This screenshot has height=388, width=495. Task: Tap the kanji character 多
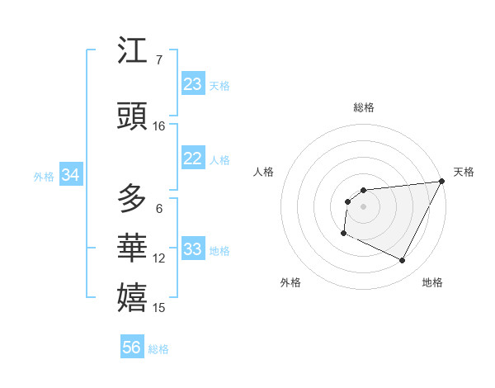point(133,198)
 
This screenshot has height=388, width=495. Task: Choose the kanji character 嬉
point(133,296)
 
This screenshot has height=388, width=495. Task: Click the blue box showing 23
point(193,84)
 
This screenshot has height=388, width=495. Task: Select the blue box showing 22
point(193,159)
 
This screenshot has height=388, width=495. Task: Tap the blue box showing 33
point(193,249)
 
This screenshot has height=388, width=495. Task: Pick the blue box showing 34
point(71,175)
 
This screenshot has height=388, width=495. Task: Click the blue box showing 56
point(132,348)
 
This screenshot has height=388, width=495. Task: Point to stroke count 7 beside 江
point(158,60)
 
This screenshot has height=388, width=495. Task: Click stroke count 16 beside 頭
point(159,126)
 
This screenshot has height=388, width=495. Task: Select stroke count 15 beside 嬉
point(159,308)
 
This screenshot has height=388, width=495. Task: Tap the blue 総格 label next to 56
point(158,349)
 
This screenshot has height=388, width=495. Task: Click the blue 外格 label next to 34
point(44,177)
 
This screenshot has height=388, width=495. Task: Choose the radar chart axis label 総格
point(363,107)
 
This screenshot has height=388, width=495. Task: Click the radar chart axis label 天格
point(464,172)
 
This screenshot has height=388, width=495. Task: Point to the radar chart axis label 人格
point(263,172)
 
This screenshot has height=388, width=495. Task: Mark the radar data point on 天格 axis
point(442,181)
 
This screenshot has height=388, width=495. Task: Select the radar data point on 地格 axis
point(403,261)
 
